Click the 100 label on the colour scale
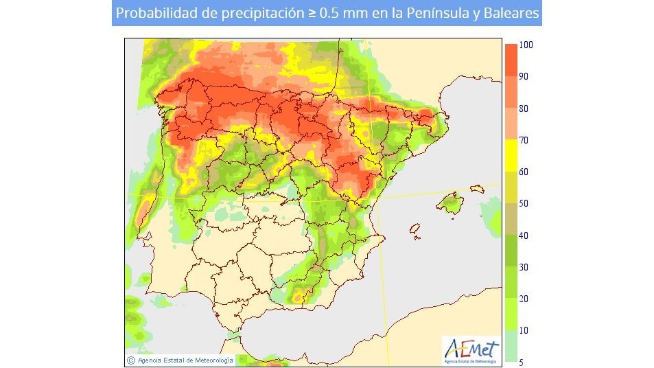pos(526,45)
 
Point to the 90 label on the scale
pos(524,77)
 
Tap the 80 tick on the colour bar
pos(524,108)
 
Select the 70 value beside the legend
pos(524,140)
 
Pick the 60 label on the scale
pos(524,172)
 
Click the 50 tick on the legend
pos(524,204)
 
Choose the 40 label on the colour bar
pos(524,235)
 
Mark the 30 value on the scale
pos(524,267)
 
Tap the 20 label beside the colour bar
pos(524,299)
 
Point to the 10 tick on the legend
pos(524,330)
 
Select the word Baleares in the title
pos(509,13)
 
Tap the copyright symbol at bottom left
pos(130,359)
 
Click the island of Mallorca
pos(451,203)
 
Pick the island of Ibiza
pos(414,229)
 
